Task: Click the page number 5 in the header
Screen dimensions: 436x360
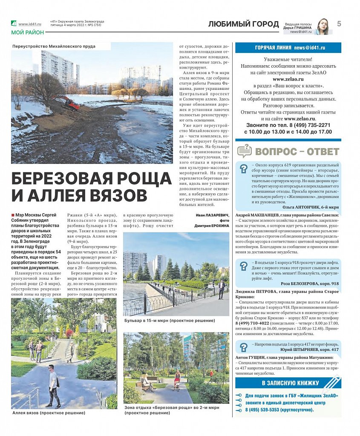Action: (x=339, y=24)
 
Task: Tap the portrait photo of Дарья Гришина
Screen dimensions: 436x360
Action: (x=322, y=26)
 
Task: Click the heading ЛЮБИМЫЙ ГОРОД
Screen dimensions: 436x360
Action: (x=240, y=24)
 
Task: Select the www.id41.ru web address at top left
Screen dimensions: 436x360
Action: (x=29, y=24)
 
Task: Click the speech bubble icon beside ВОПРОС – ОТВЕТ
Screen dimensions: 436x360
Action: (x=245, y=151)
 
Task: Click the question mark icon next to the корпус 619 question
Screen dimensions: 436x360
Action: (x=243, y=169)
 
